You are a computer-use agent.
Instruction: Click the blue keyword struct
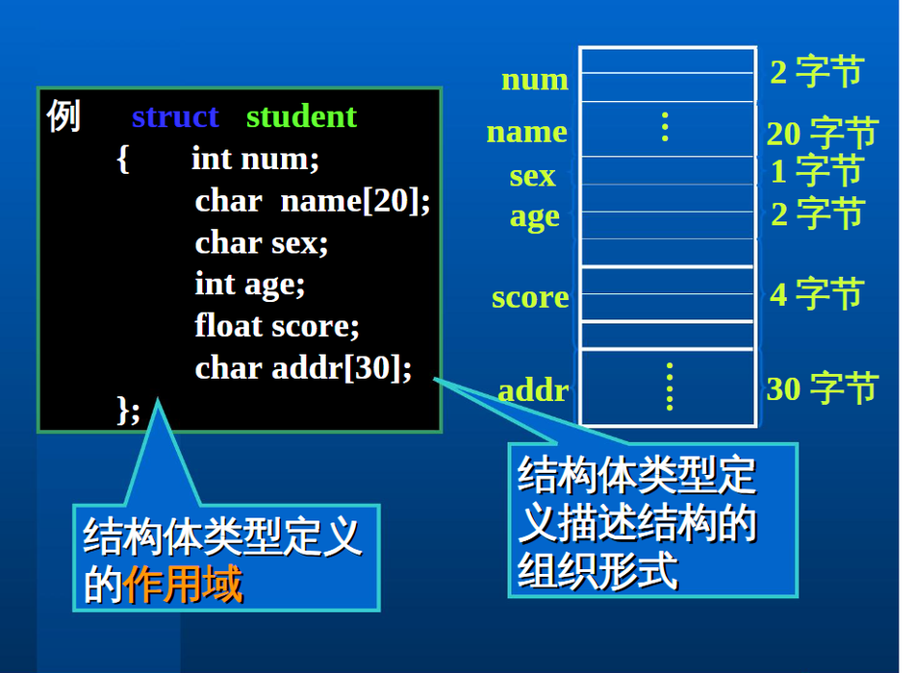[x=175, y=116]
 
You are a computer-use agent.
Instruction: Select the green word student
[x=301, y=116]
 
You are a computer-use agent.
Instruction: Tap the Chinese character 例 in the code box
[x=63, y=115]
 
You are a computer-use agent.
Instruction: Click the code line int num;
[x=255, y=159]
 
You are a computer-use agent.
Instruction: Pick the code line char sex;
[x=261, y=243]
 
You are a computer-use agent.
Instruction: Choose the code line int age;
[x=249, y=285]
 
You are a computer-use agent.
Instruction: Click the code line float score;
[x=277, y=326]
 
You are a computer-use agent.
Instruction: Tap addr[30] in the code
[x=337, y=368]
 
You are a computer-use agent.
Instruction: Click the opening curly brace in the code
[x=122, y=159]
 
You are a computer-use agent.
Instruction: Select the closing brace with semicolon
[x=128, y=411]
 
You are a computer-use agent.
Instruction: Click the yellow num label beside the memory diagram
[x=535, y=80]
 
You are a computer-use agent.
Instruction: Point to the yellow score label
[x=530, y=298]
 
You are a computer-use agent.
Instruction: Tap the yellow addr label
[x=533, y=389]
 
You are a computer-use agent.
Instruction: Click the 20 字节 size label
[x=822, y=133]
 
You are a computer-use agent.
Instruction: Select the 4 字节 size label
[x=816, y=293]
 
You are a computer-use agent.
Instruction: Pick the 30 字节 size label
[x=822, y=387]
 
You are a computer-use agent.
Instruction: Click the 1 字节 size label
[x=816, y=170]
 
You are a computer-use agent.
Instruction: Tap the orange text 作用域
[x=183, y=585]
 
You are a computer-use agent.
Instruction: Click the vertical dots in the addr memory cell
[x=670, y=386]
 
